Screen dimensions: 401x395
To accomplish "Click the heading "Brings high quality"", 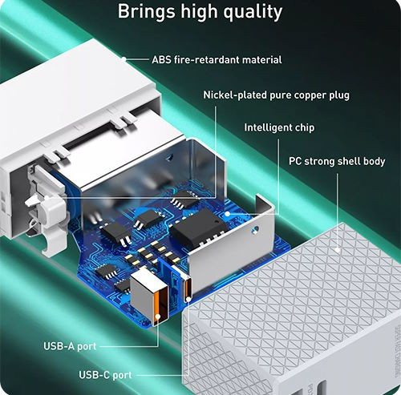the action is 200,11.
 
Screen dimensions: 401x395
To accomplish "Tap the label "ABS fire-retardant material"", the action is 217,59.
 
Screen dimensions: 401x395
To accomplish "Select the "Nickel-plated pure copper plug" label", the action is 276,95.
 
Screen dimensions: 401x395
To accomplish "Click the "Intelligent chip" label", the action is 279,127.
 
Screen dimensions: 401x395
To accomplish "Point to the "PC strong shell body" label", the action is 337,161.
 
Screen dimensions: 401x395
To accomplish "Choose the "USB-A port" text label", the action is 70,346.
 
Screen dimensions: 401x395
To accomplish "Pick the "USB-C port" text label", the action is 105,375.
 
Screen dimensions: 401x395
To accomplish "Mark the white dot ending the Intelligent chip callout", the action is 227,214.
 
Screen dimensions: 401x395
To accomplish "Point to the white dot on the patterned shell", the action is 338,250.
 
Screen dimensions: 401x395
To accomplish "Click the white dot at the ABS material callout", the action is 124,58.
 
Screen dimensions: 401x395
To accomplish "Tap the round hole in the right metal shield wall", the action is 256,229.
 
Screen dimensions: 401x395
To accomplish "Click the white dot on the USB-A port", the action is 158,316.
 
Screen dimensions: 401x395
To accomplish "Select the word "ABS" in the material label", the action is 161,59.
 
